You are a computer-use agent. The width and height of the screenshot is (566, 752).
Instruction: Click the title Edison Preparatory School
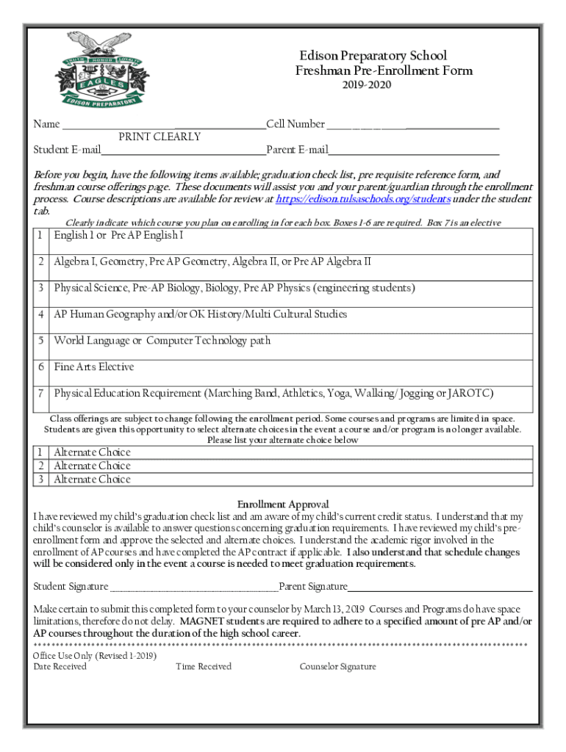373,57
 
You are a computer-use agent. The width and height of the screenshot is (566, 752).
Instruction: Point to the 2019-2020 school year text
367,85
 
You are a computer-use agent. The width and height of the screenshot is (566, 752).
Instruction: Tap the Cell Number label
295,124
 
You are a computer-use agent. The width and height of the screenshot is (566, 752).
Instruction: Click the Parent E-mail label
297,151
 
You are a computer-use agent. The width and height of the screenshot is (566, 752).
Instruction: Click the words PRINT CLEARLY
160,137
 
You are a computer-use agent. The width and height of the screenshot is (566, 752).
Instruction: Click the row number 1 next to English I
41,236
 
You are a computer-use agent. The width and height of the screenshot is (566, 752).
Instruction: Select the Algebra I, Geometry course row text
212,262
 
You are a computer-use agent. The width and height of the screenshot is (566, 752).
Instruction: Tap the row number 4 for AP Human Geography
41,315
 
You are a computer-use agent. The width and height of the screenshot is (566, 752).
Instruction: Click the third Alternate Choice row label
92,480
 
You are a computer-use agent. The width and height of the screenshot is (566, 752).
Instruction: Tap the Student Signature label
71,587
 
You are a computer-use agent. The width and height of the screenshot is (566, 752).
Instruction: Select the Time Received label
204,667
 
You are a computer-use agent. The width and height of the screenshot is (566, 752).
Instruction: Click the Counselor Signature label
337,667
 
